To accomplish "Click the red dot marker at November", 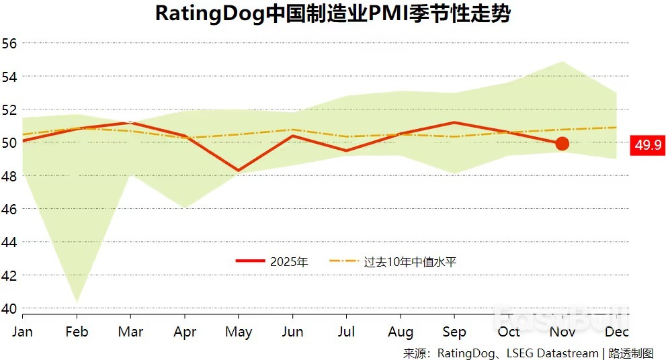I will [562, 143].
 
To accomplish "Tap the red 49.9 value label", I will [647, 144].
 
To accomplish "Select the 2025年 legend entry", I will [272, 262].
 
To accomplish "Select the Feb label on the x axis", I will [77, 332].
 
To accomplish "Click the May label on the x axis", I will [239, 332].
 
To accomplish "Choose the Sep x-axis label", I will [454, 332].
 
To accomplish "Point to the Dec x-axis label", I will [616, 332].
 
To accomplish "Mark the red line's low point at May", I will [239, 171].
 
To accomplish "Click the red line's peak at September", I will [454, 122].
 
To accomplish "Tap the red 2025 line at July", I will [346, 150].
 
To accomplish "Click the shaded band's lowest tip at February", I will [77, 300].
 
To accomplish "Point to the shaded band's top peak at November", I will [562, 62].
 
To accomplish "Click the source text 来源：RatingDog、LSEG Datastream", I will [500, 353].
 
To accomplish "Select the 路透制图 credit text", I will [631, 353].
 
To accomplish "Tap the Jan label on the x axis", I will [22, 332].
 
